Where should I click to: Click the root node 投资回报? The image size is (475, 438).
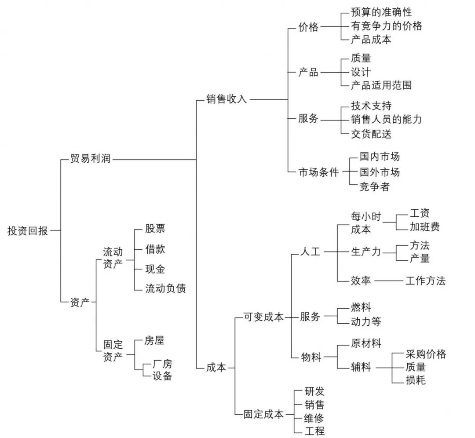tap(28, 230)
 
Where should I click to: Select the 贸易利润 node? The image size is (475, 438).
tap(90, 159)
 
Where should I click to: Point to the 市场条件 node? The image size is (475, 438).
tap(319, 172)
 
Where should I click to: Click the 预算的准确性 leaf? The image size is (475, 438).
tap(381, 12)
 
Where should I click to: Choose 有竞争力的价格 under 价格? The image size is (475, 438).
tap(387, 26)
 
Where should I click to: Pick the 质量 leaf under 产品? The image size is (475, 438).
tap(361, 58)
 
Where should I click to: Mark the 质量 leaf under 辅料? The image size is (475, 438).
tap(416, 367)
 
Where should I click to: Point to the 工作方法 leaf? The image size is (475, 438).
tap(425, 281)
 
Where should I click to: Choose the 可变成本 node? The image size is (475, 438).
tap(264, 317)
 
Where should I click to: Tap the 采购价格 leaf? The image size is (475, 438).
tap(426, 354)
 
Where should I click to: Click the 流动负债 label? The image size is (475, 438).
tap(165, 288)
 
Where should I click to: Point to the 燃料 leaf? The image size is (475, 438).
tap(361, 307)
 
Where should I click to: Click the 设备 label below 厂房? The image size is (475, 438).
tap(162, 376)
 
